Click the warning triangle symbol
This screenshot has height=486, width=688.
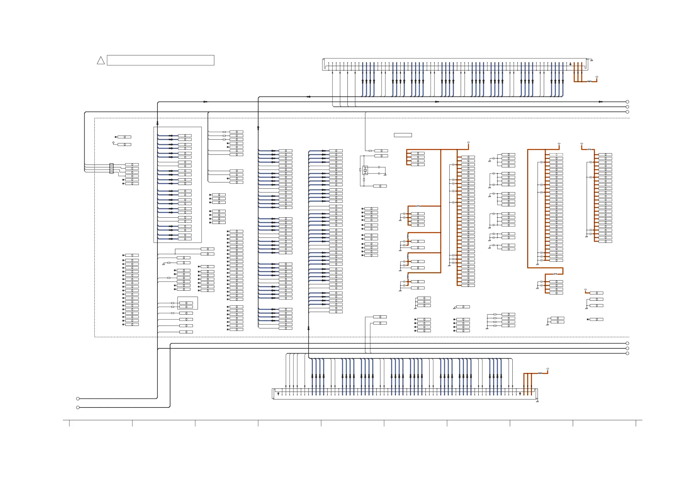click(x=101, y=61)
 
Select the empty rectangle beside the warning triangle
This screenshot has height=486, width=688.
click(x=160, y=60)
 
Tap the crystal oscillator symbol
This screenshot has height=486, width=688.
click(x=365, y=170)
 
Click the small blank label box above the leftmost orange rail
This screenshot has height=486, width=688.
click(x=403, y=135)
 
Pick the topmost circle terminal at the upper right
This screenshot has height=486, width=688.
click(x=627, y=102)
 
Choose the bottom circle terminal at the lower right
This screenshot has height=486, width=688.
click(x=627, y=353)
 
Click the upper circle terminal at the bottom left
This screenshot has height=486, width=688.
click(x=78, y=399)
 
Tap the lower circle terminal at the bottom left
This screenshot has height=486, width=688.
click(x=78, y=407)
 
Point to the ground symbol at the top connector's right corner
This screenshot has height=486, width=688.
click(x=591, y=61)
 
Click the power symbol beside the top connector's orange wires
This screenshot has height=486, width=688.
click(x=597, y=77)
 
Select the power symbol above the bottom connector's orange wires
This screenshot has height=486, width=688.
click(x=547, y=369)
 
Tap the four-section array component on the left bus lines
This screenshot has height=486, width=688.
click(x=111, y=168)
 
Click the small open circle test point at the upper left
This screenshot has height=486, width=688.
click(x=113, y=143)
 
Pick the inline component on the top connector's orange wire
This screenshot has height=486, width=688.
click(x=589, y=81)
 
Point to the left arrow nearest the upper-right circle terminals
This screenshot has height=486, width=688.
click(x=600, y=102)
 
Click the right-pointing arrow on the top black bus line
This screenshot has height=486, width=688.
click(x=309, y=97)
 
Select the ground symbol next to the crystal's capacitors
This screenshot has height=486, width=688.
click(x=385, y=175)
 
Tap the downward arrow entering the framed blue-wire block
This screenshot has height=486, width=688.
click(x=157, y=123)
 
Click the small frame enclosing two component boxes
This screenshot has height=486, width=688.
click(x=187, y=303)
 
